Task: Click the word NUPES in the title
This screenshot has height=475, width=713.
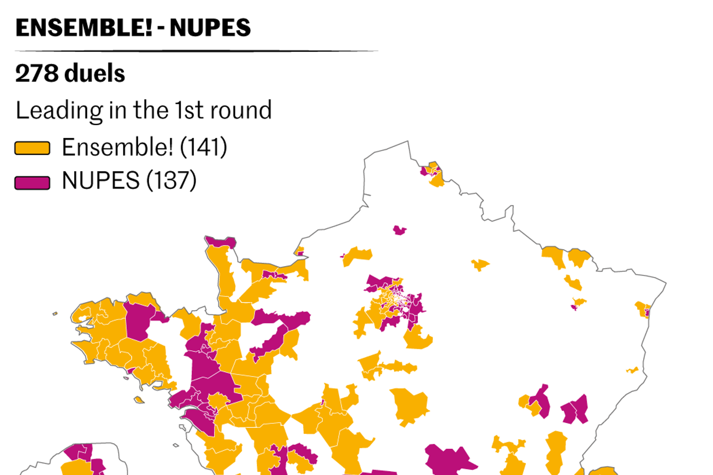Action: point(210,28)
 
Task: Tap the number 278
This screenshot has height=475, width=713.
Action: point(37,73)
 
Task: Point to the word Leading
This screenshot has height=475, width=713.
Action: point(59,110)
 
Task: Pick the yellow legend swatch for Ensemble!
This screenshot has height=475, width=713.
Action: point(32,148)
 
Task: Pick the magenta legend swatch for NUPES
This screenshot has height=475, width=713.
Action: point(32,183)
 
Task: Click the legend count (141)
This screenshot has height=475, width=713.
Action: point(204,147)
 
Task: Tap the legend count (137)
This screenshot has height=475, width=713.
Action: point(171,181)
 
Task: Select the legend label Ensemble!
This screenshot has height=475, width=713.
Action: point(117,147)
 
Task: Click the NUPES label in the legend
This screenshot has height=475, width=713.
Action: point(101,181)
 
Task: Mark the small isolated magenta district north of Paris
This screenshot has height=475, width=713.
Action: point(399,230)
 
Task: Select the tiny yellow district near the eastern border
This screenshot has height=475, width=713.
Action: point(632,370)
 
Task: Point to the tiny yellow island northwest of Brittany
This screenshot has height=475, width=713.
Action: point(55,313)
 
